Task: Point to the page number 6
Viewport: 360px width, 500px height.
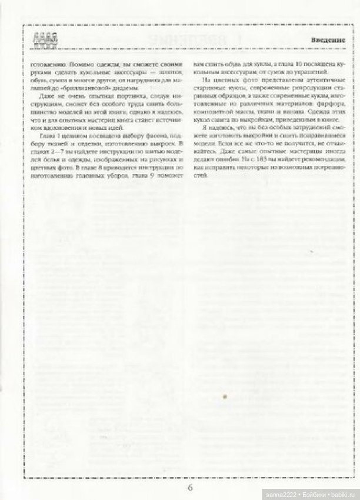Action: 190,487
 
